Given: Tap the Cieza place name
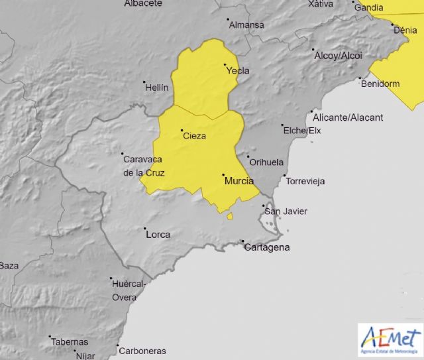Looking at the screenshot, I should click(194, 136).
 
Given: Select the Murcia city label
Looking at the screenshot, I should click(239, 180).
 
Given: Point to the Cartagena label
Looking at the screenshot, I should click(267, 248).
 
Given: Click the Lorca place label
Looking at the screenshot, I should click(158, 234).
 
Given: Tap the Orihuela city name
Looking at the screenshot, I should click(266, 162).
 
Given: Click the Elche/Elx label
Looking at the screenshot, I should click(301, 131).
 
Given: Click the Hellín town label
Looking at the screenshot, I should click(156, 88).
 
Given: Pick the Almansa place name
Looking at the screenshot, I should click(246, 25).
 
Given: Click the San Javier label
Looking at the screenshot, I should click(286, 211).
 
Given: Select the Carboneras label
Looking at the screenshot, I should click(142, 351).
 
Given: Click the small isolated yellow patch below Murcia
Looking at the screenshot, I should click(230, 215).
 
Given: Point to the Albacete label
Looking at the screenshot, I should click(143, 3).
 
